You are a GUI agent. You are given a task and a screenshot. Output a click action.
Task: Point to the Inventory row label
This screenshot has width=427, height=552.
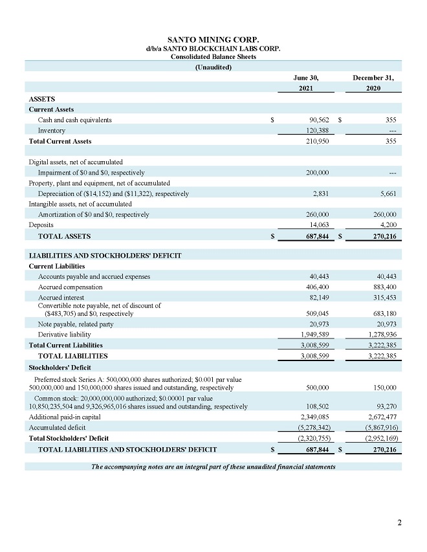click(x=52, y=131)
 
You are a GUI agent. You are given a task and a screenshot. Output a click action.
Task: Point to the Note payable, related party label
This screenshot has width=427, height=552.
click(x=76, y=324)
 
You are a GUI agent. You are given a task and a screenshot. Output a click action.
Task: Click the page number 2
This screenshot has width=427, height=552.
click(x=399, y=523)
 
